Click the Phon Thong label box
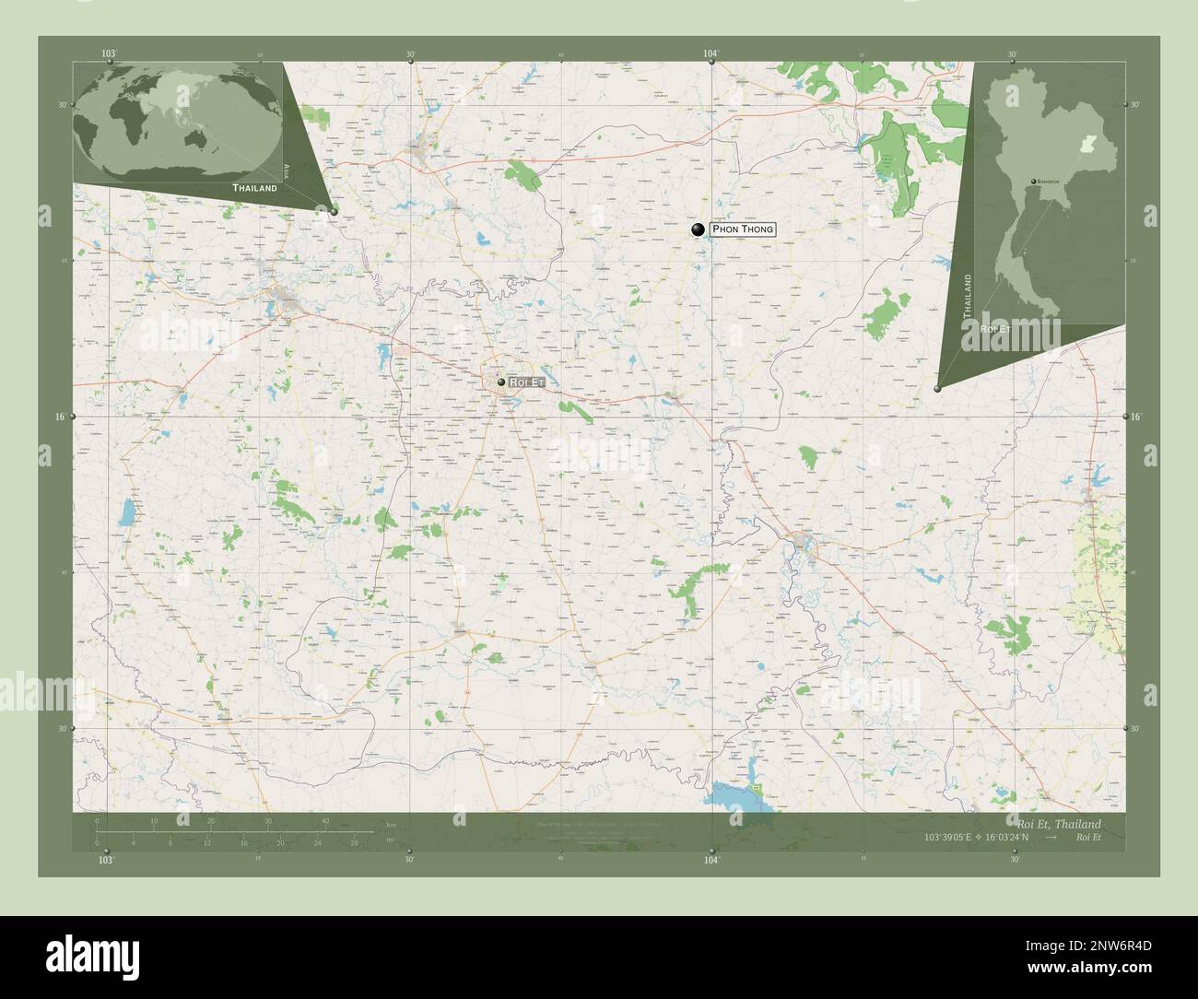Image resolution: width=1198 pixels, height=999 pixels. click(743, 229)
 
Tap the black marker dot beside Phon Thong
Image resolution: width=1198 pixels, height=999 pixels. click(698, 229)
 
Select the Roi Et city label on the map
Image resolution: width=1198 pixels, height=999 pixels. click(527, 382)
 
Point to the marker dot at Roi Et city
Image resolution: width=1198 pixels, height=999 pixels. click(500, 382)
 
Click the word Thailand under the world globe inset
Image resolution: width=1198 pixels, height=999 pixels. click(254, 187)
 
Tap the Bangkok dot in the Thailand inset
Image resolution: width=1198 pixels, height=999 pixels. click(1034, 182)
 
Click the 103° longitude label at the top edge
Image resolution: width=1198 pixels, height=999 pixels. click(110, 54)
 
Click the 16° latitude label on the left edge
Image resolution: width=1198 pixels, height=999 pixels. click(59, 417)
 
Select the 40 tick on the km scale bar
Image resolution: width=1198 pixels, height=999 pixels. click(324, 821)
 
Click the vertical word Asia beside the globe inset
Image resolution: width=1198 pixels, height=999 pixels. click(288, 170)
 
